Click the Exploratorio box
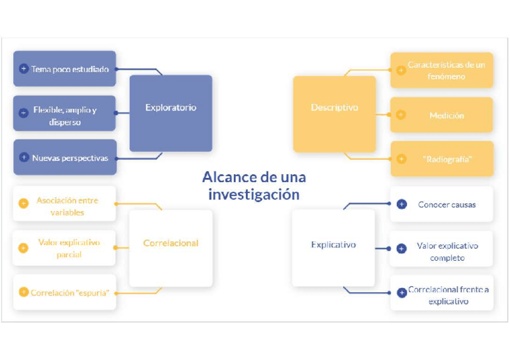point(171,108)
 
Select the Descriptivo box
point(334,108)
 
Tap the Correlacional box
point(171,243)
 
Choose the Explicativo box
point(333,245)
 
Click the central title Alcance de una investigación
point(254,186)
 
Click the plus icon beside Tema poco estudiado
point(23,69)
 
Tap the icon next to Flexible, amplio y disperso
point(23,112)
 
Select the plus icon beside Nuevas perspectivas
point(23,157)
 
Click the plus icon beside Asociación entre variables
point(23,203)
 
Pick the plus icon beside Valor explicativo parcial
point(23,248)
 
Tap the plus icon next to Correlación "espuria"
point(23,293)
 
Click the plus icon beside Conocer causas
point(402,204)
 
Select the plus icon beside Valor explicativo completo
point(402,248)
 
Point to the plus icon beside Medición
point(401,115)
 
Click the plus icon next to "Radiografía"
point(401,159)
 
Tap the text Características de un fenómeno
point(446,70)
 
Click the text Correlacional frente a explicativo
point(449,295)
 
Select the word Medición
point(447,115)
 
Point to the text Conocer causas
point(447,205)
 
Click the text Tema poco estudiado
point(70,69)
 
